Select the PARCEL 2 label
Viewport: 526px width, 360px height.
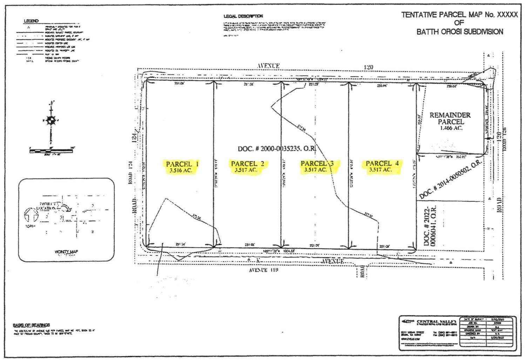tap(248, 164)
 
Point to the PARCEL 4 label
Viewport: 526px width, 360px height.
tap(382, 163)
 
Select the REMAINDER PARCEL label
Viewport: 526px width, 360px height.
tap(450, 118)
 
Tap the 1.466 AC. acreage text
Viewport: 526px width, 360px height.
tap(451, 128)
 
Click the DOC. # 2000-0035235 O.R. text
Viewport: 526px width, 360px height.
tap(277, 149)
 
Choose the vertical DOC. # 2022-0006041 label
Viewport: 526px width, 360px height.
tap(430, 226)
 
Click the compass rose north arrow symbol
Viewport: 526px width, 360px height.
tap(51, 120)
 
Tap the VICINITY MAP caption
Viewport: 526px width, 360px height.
tap(66, 252)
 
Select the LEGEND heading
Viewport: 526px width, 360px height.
tap(31, 21)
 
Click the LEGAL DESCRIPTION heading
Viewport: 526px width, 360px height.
tap(243, 16)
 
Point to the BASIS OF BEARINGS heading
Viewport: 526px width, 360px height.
tap(31, 325)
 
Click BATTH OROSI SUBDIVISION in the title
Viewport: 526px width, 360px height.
tap(459, 32)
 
